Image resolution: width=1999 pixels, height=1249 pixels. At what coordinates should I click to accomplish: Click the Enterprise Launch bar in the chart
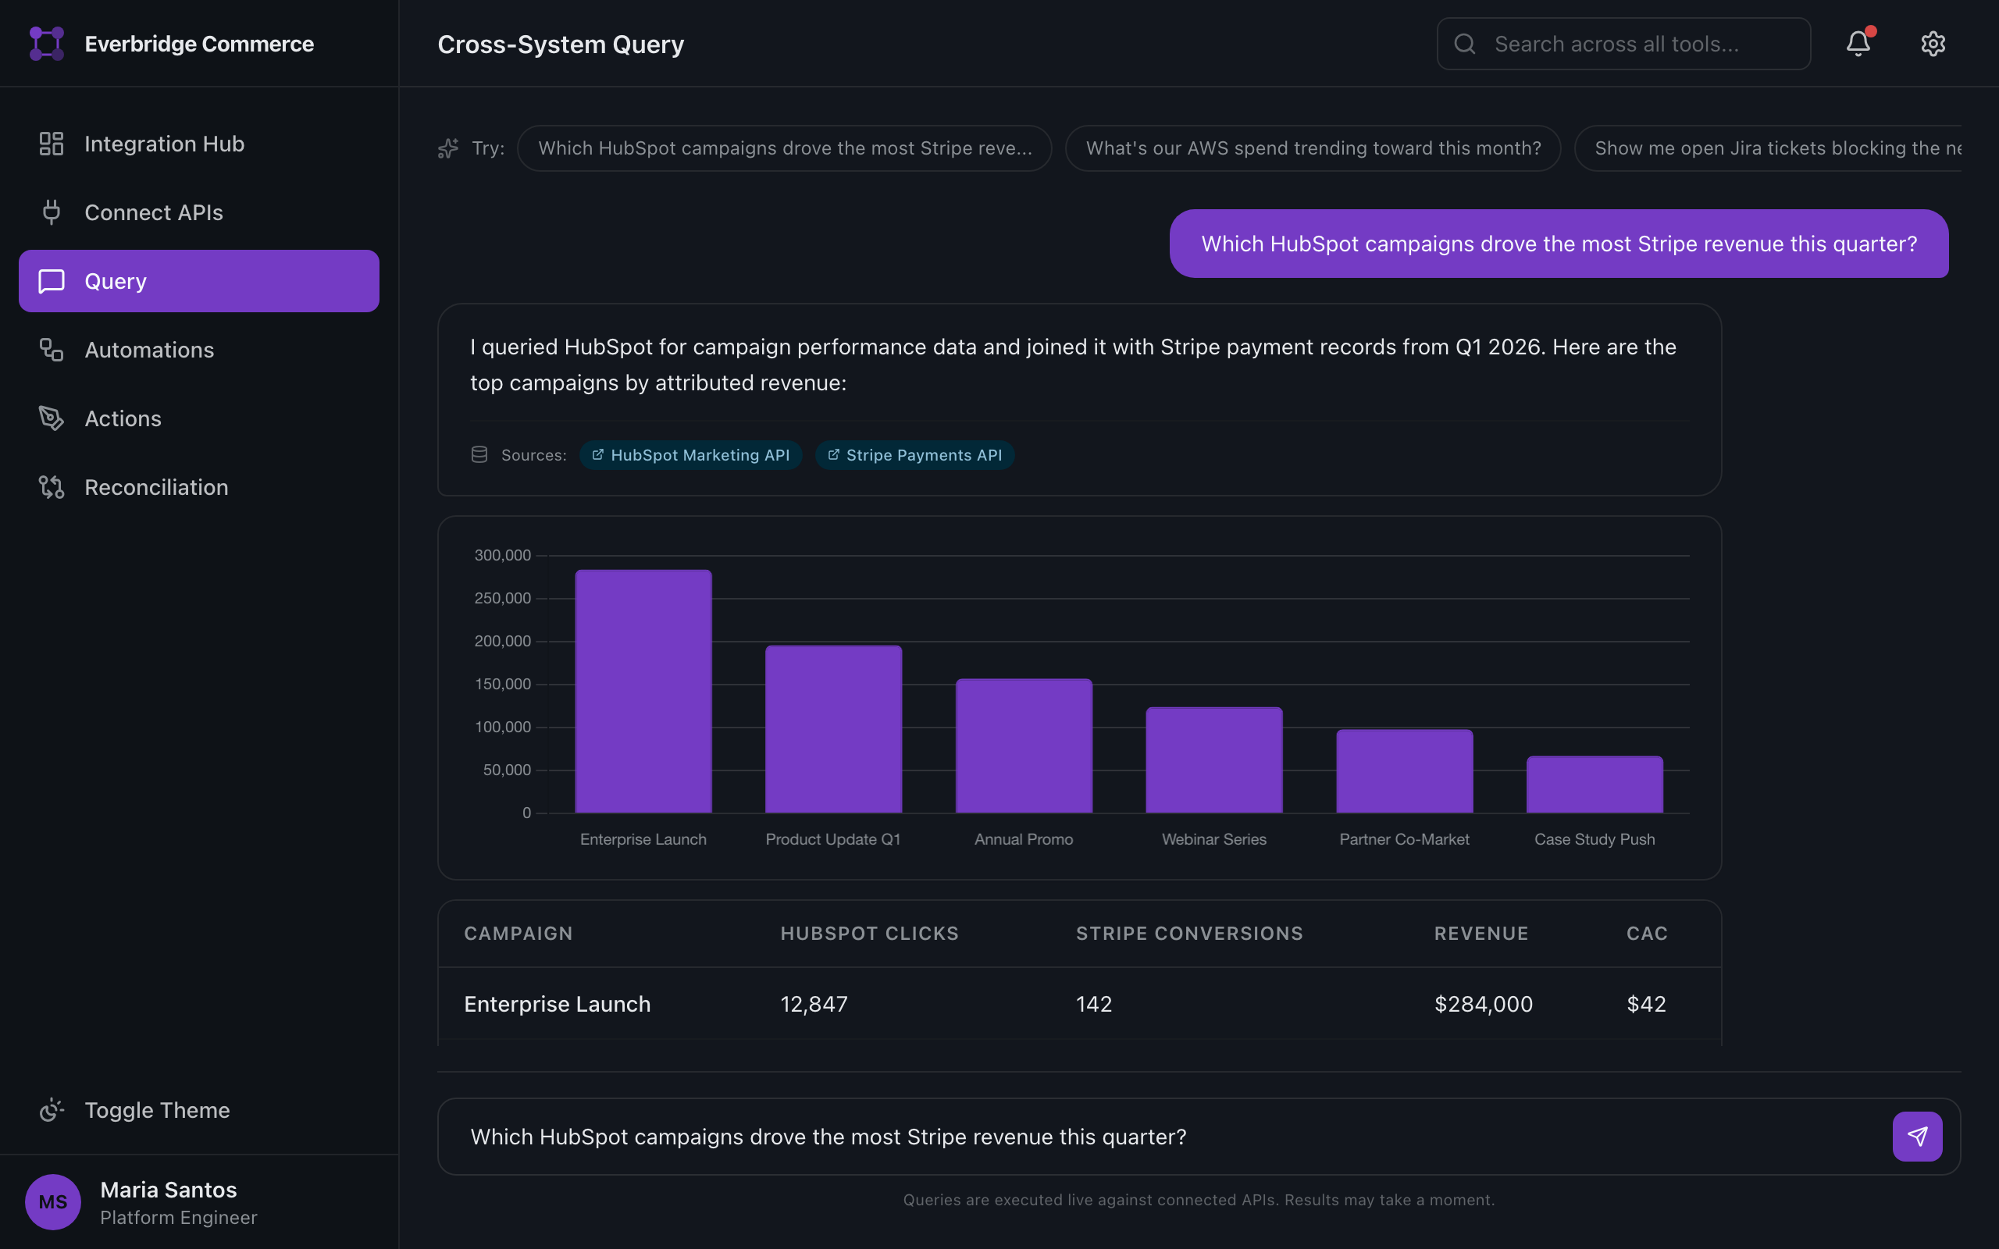pyautogui.click(x=643, y=692)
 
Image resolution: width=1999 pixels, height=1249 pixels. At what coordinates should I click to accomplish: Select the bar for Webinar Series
pyautogui.click(x=1213, y=760)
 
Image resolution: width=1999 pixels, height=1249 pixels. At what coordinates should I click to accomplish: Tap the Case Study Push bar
pyautogui.click(x=1595, y=784)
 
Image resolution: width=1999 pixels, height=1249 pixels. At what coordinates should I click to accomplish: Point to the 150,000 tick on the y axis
pyautogui.click(x=502, y=684)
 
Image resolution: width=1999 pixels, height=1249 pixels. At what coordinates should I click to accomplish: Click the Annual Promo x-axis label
pyautogui.click(x=1024, y=839)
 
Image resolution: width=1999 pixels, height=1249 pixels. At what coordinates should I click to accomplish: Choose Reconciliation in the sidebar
pyautogui.click(x=156, y=487)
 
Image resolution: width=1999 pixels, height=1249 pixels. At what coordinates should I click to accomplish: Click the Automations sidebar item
pyautogui.click(x=148, y=351)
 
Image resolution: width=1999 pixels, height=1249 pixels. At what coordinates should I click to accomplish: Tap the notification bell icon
pyautogui.click(x=1858, y=44)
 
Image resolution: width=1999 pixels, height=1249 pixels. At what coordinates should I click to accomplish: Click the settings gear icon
pyautogui.click(x=1932, y=44)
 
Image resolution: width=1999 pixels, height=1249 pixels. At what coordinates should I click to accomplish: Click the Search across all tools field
pyautogui.click(x=1623, y=44)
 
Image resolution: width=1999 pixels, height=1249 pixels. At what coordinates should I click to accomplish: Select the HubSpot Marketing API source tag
pyautogui.click(x=690, y=455)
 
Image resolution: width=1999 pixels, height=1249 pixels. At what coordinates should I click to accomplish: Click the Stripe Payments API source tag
pyautogui.click(x=914, y=455)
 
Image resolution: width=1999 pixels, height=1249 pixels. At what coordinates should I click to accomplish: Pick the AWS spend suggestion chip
pyautogui.click(x=1313, y=148)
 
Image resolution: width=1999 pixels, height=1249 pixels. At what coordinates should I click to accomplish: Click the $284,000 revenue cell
pyautogui.click(x=1483, y=1004)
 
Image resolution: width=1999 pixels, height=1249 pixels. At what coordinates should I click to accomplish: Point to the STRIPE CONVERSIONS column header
pyautogui.click(x=1188, y=934)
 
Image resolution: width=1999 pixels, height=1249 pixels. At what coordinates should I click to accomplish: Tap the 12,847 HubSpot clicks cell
pyautogui.click(x=814, y=1004)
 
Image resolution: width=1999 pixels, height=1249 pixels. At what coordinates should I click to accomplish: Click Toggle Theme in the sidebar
pyautogui.click(x=157, y=1110)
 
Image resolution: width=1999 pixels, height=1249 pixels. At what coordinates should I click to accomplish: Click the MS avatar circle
pyautogui.click(x=53, y=1202)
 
